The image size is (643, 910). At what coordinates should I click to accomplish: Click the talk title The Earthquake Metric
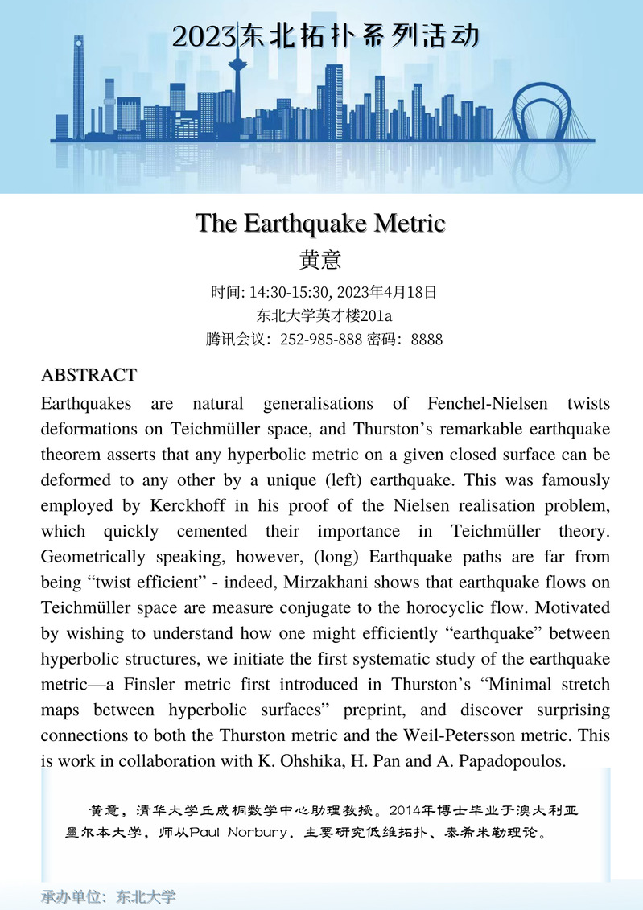pyautogui.click(x=320, y=223)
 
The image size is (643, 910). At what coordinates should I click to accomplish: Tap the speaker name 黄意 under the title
pyautogui.click(x=320, y=260)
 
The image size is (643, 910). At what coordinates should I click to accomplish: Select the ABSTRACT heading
pyautogui.click(x=89, y=375)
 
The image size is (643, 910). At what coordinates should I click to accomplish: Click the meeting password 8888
pyautogui.click(x=427, y=340)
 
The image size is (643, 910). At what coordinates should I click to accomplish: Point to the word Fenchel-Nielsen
pyautogui.click(x=458, y=402)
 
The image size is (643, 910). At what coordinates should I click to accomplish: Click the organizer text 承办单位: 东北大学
pyautogui.click(x=109, y=897)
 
